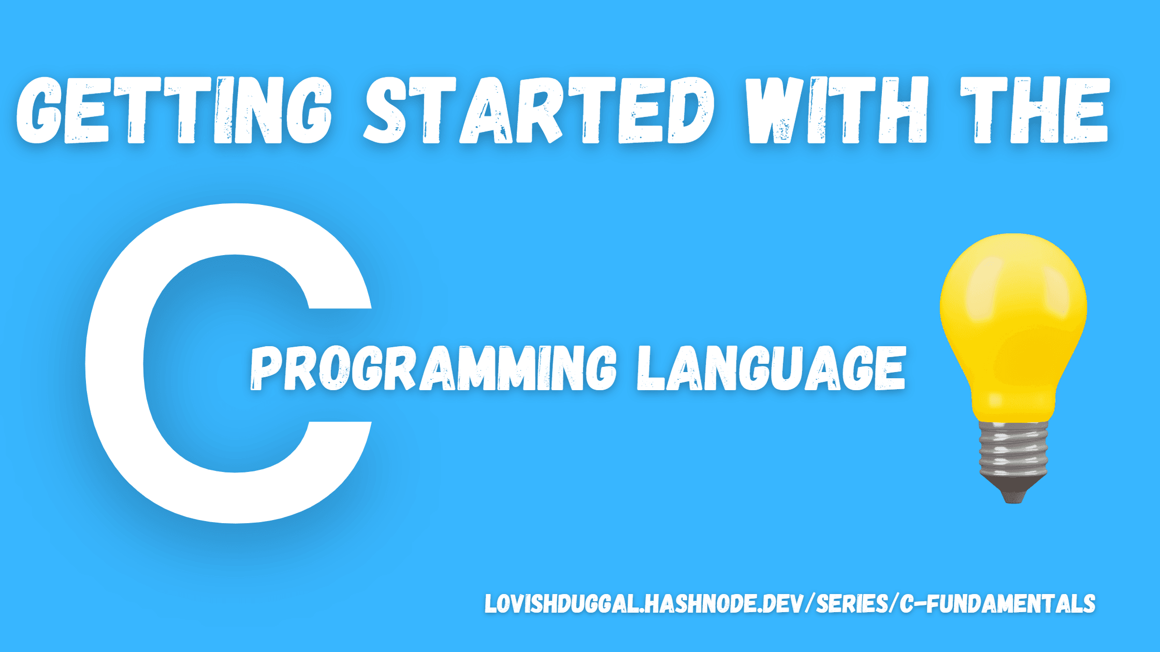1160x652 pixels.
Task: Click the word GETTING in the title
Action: [x=175, y=110]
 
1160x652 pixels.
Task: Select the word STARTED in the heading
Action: [x=539, y=110]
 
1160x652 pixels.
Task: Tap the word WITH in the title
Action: [x=836, y=110]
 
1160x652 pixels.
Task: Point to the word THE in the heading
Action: [x=1035, y=110]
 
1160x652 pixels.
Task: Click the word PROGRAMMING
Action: [x=433, y=368]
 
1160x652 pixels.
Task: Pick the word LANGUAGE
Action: [x=771, y=368]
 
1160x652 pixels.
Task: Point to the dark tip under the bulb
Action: [x=1013, y=492]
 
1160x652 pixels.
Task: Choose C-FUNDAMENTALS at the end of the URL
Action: [x=997, y=604]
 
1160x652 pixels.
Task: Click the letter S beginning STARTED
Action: [x=385, y=110]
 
